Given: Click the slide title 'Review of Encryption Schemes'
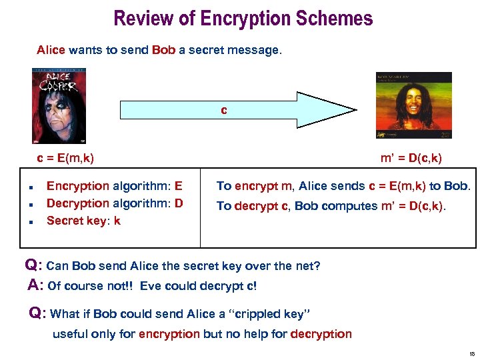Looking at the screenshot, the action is tap(243, 18).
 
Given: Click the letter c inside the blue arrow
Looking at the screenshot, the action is tap(224, 110).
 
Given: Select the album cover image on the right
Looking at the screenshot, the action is tap(413, 106).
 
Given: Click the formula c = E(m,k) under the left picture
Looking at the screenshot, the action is tap(65, 158).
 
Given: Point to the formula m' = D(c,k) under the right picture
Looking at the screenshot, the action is tap(411, 158).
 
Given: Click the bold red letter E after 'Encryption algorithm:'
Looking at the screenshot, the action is tap(178, 187).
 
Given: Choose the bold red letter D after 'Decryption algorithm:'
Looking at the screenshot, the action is tap(179, 203).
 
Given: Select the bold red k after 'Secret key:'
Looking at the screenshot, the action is tap(117, 221).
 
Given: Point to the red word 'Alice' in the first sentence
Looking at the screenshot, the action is tap(51, 50).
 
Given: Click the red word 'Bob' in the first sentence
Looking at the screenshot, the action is tap(164, 50).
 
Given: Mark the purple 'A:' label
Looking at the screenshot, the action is tap(36, 286).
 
